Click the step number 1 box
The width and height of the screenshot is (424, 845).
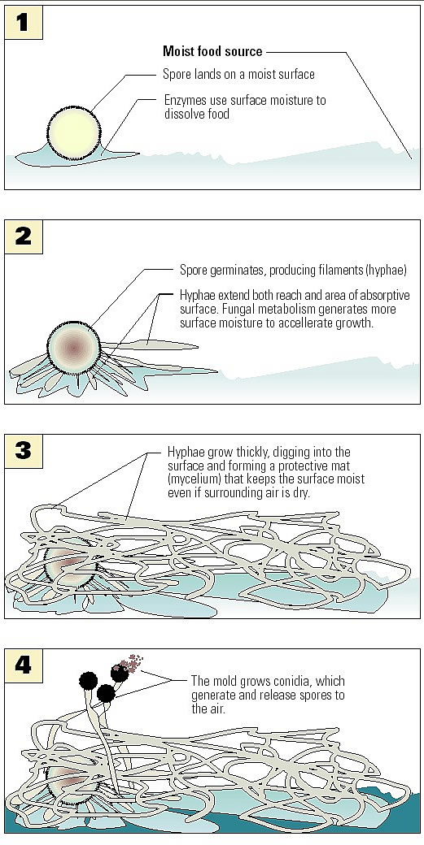tap(23, 24)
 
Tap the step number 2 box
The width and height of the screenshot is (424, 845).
tap(23, 237)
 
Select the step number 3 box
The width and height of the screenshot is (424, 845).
tap(23, 450)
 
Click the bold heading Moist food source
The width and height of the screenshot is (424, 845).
tap(212, 52)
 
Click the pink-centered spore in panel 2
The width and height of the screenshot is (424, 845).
tap(73, 348)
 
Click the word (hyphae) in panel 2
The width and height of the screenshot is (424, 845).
tap(385, 271)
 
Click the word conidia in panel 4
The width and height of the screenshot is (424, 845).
tap(305, 681)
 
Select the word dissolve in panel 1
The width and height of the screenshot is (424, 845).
tap(183, 115)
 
